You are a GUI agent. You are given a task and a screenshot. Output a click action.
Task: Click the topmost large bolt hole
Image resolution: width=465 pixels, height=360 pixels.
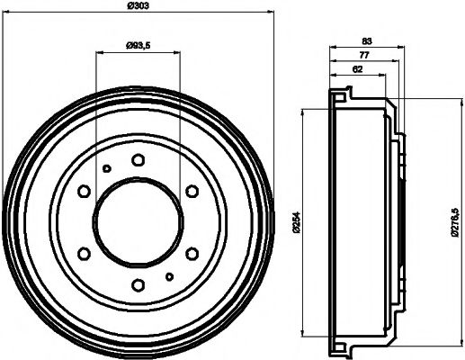(x=138, y=160)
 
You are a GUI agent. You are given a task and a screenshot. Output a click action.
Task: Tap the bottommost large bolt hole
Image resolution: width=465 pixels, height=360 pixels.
(x=138, y=285)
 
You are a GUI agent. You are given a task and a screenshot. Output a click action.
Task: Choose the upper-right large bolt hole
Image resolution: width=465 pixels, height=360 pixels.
(x=192, y=192)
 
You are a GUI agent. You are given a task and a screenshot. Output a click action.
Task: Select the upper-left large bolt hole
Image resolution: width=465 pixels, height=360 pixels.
(x=84, y=192)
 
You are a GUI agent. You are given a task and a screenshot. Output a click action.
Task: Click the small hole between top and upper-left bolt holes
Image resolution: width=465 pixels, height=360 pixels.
(x=106, y=170)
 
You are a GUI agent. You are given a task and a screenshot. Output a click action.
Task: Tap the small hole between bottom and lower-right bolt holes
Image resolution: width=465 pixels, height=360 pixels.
(x=169, y=275)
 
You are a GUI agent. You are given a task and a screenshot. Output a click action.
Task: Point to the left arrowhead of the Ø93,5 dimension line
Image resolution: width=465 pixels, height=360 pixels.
(x=99, y=52)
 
